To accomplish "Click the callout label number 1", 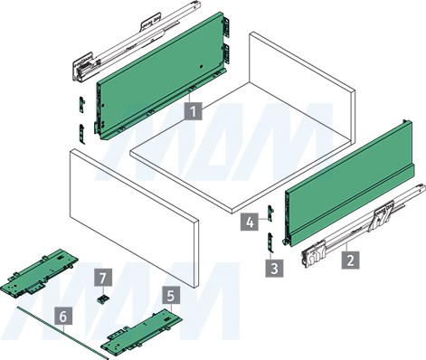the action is pos(194,111).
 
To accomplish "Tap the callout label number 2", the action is pos(350,260).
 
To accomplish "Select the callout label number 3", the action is pos(274,268).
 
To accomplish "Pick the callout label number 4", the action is pos(250,222).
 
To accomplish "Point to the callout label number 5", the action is pos(171,295).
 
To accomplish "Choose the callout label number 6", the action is pos(63,316).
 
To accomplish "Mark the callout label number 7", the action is pos(103,277).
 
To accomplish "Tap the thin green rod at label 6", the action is pos(62,333).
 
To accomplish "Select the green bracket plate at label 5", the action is pos(142,332).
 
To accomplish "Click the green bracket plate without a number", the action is pos(40,273).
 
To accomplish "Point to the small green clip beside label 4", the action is pos(270,213).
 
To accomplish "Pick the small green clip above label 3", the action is pos(270,242).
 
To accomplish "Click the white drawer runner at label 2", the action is pos(364,226).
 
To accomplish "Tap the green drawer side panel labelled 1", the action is pos(161,76).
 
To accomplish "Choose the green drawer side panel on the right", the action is pos(349,184).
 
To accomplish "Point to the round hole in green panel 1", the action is pos(201,66).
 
